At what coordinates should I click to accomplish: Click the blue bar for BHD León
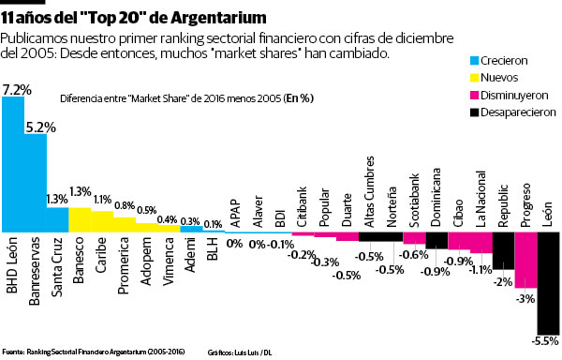(x=12, y=164)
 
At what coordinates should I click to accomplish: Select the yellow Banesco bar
(x=80, y=219)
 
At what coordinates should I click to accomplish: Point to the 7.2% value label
(x=17, y=89)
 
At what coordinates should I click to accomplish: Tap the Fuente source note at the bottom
(x=94, y=352)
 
